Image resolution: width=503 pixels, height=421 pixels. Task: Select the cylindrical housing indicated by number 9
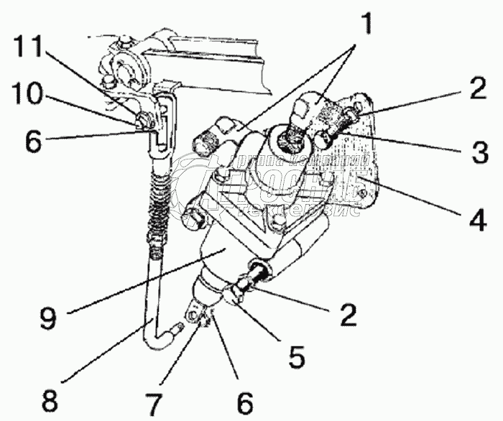(x=230, y=259)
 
